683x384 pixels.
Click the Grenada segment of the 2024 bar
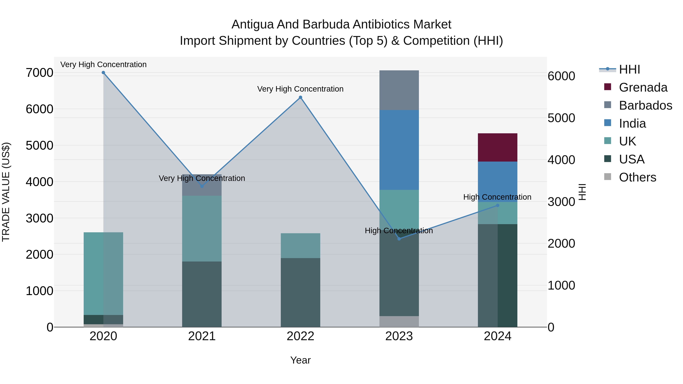pyautogui.click(x=497, y=147)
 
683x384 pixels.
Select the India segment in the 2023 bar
pyautogui.click(x=399, y=150)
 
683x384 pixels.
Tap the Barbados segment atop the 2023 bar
pyautogui.click(x=399, y=90)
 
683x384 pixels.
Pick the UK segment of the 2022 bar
pyautogui.click(x=300, y=245)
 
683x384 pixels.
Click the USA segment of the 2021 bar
pyautogui.click(x=202, y=294)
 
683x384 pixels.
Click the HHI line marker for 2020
pyautogui.click(x=103, y=73)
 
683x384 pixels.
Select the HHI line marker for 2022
pyautogui.click(x=300, y=97)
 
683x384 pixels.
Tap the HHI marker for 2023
pyautogui.click(x=399, y=239)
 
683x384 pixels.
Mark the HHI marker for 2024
pyautogui.click(x=497, y=205)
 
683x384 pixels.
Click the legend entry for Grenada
pyautogui.click(x=643, y=87)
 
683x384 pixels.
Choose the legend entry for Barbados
pyautogui.click(x=645, y=105)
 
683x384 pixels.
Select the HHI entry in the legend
pyautogui.click(x=629, y=69)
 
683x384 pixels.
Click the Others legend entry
pyautogui.click(x=637, y=177)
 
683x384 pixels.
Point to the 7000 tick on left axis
pyautogui.click(x=39, y=73)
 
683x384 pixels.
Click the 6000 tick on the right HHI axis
pyautogui.click(x=561, y=76)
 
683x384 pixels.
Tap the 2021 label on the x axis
pyautogui.click(x=202, y=336)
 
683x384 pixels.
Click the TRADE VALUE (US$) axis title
pyautogui.click(x=6, y=192)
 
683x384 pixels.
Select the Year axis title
pyautogui.click(x=300, y=360)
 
